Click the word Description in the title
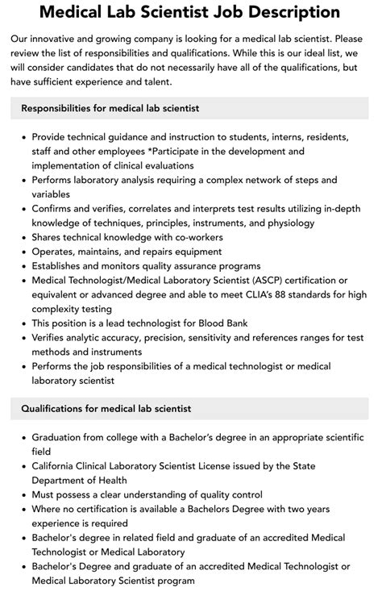[x=283, y=13]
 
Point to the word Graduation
[x=59, y=437]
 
